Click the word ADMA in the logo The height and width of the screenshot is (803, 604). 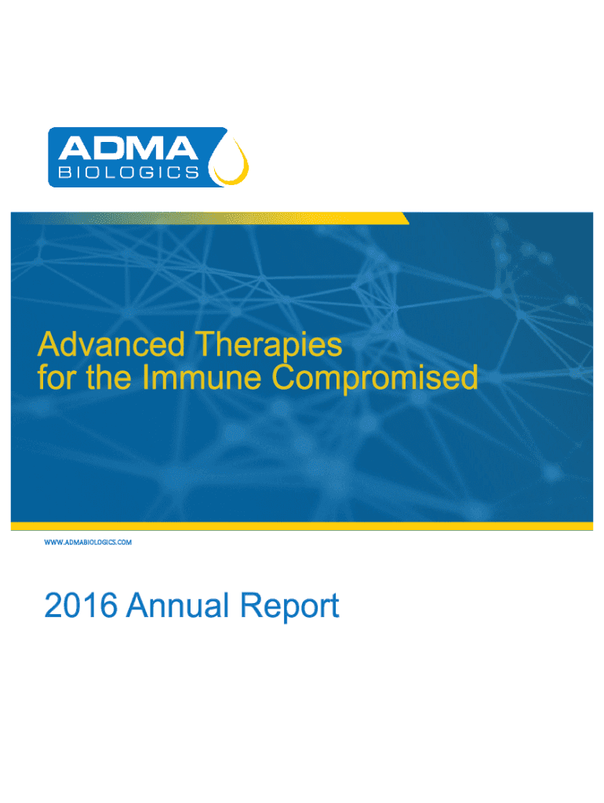pyautogui.click(x=128, y=148)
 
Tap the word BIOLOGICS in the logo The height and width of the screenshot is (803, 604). pyautogui.click(x=129, y=172)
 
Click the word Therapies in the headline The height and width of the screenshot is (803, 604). pyautogui.click(x=269, y=346)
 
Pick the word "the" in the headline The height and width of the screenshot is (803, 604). pyautogui.click(x=108, y=377)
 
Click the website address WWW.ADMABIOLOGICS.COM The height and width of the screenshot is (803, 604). pyautogui.click(x=88, y=542)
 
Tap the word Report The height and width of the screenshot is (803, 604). pyautogui.click(x=290, y=607)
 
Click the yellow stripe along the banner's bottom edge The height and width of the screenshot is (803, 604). pyautogui.click(x=302, y=526)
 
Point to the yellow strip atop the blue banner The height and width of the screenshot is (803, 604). pyautogui.click(x=210, y=218)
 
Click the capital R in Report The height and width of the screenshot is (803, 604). pyautogui.click(x=251, y=605)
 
